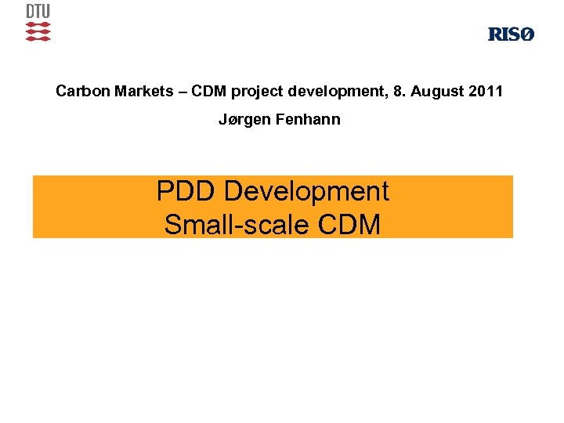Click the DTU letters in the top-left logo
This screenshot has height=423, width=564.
pos(38,12)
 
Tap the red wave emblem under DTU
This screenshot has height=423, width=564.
pos(38,31)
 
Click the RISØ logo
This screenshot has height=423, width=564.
pos(511,34)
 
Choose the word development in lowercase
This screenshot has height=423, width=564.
pos(332,92)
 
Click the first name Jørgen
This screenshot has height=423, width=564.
pos(243,121)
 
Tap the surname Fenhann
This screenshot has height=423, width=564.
pos(311,121)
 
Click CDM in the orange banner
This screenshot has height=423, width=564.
pos(349,225)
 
